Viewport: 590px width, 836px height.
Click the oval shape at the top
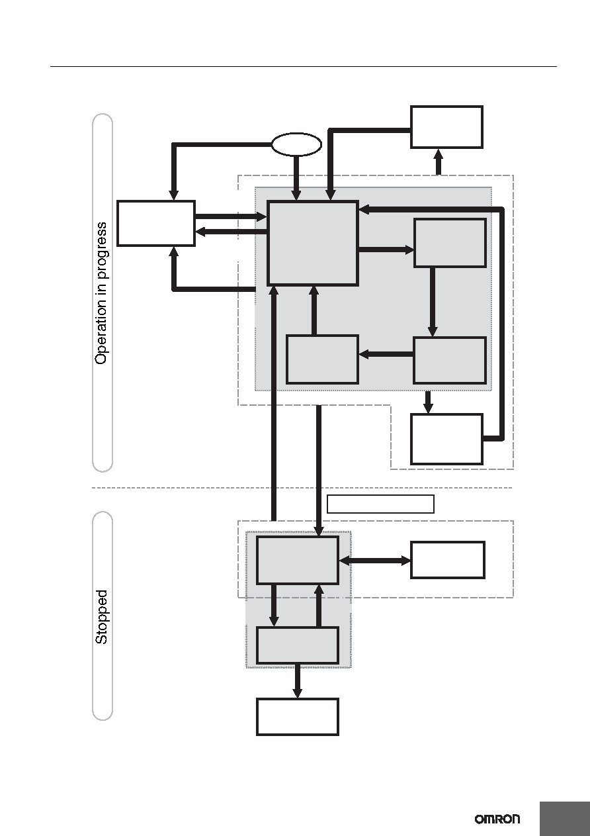tap(296, 144)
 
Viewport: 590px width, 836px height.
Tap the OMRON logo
tap(497, 819)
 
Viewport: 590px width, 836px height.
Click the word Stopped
tap(101, 617)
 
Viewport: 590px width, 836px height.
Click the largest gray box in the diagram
tap(313, 244)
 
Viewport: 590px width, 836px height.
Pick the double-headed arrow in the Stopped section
tap(374, 561)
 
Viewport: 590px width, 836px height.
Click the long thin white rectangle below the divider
tap(380, 504)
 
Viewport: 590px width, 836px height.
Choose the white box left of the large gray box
tap(156, 224)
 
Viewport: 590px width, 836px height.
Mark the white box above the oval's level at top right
tap(446, 127)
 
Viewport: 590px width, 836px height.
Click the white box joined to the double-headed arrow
tap(448, 560)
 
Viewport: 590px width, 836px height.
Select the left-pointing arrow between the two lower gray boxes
tap(386, 354)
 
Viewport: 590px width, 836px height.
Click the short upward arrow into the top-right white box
tap(439, 162)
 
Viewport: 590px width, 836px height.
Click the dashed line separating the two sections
tap(302, 488)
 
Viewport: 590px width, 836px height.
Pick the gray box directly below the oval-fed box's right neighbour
tap(450, 360)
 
